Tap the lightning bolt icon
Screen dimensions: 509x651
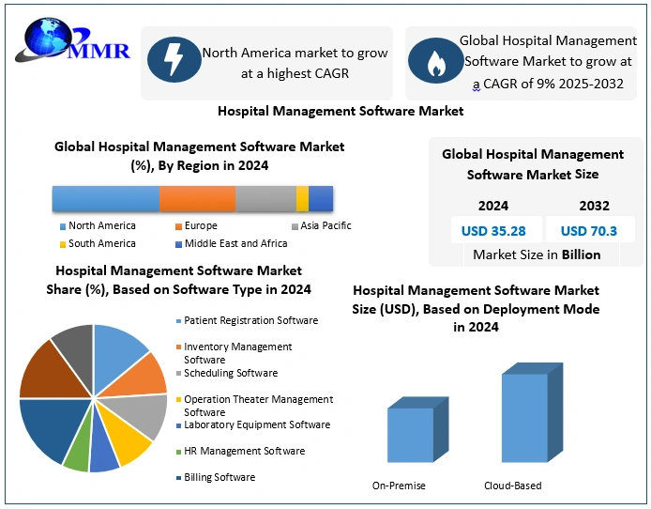(x=174, y=62)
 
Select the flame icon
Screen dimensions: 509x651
(x=433, y=62)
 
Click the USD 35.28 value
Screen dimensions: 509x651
(x=493, y=230)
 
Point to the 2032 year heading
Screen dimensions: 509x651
(x=594, y=206)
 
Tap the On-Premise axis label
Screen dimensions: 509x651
(x=399, y=486)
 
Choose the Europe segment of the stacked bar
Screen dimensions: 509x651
(x=197, y=199)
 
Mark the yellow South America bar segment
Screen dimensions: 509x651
(x=302, y=199)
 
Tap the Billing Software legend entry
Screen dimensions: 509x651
(x=219, y=477)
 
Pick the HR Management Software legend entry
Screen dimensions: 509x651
(x=243, y=451)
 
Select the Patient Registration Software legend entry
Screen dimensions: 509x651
(x=250, y=320)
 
